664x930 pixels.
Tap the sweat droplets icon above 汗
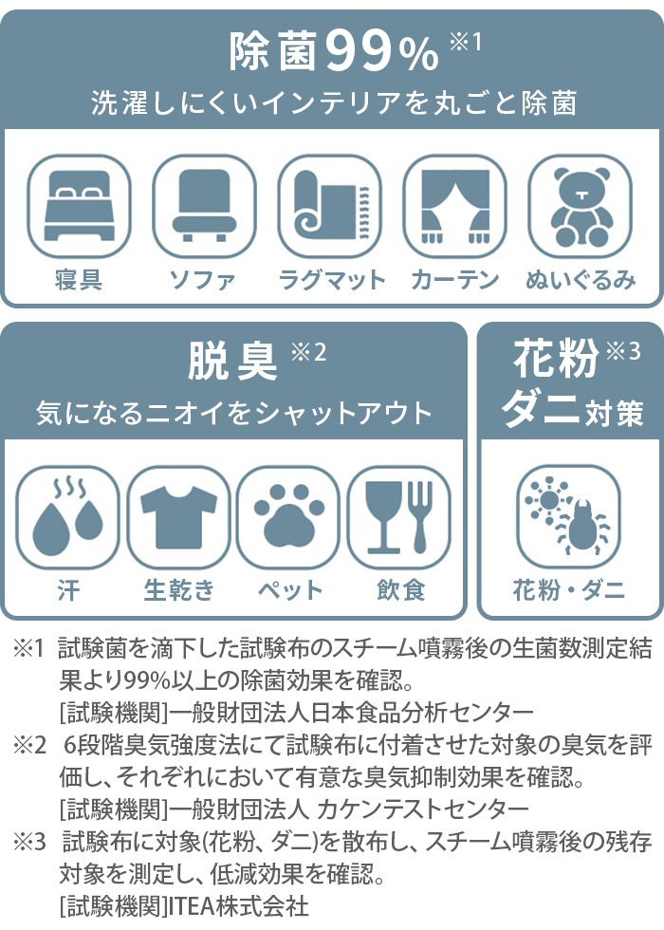point(68,517)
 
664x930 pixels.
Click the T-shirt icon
point(178,517)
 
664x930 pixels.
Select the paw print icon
point(288,517)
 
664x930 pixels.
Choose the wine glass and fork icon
point(399,517)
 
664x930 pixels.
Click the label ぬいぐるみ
point(580,280)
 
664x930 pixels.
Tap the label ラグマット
point(331,280)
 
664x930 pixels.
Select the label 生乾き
point(178,590)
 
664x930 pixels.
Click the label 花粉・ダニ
point(568,590)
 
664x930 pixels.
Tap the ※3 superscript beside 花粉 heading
point(622,352)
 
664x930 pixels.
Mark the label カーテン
point(454,280)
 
